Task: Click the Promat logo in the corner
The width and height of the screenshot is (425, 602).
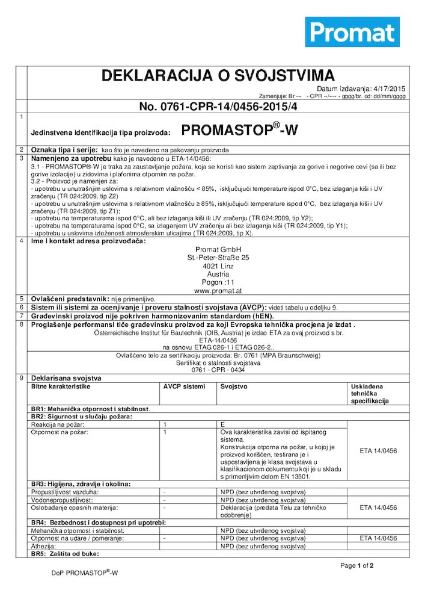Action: [x=352, y=32]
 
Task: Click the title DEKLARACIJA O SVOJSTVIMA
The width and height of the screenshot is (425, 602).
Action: [x=218, y=76]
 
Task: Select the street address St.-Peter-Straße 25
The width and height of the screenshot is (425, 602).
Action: [x=218, y=258]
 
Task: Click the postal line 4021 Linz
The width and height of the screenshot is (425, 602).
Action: [x=218, y=265]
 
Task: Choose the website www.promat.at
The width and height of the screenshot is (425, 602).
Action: [x=218, y=290]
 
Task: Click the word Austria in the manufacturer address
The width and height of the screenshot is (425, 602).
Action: [x=218, y=274]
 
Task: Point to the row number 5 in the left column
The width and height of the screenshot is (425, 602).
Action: [x=22, y=299]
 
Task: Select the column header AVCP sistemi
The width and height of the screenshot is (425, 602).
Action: [x=184, y=386]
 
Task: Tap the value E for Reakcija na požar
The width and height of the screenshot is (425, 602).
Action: [x=223, y=424]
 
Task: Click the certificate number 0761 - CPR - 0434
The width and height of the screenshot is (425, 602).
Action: [x=218, y=370]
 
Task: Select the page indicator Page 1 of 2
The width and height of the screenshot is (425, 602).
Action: [x=357, y=566]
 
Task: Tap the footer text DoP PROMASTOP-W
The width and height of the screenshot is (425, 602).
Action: [x=85, y=573]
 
